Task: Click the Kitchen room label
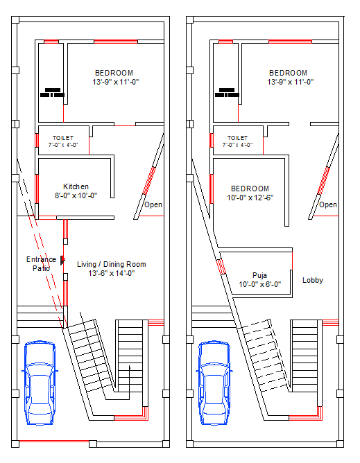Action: pos(76,186)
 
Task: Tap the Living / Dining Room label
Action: pos(111,264)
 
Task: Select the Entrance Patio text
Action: pos(42,263)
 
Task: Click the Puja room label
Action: pos(259,274)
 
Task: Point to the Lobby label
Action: pos(312,280)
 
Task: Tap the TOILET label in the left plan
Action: pos(62,138)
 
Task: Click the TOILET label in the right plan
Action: pos(237,138)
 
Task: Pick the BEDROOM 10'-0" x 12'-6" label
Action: pos(250,189)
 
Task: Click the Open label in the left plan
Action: pos(153,204)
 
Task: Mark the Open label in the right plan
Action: pos(328,204)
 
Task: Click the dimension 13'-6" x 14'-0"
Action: pos(111,273)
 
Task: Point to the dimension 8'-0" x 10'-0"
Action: pos(76,195)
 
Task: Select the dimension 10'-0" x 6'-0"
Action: pos(259,284)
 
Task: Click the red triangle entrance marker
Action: pos(62,260)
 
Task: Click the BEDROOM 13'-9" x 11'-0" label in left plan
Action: pos(114,73)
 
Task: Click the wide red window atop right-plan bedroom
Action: pos(290,42)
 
